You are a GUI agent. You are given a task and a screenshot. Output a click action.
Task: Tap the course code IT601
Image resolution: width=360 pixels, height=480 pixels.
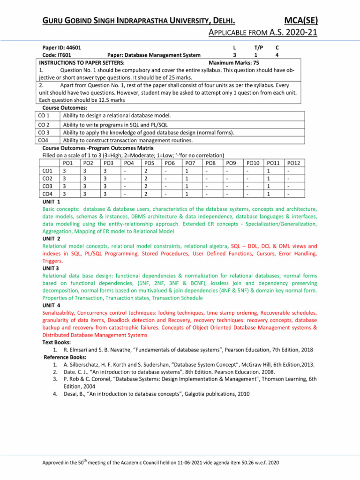[62, 55]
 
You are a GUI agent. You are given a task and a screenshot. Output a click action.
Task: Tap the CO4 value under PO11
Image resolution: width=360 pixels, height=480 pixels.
[268, 193]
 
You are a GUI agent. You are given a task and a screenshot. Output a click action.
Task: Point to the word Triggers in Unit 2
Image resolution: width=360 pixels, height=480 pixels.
[53, 260]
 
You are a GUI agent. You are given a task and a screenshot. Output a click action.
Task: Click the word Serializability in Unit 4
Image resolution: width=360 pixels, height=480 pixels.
[62, 312]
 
